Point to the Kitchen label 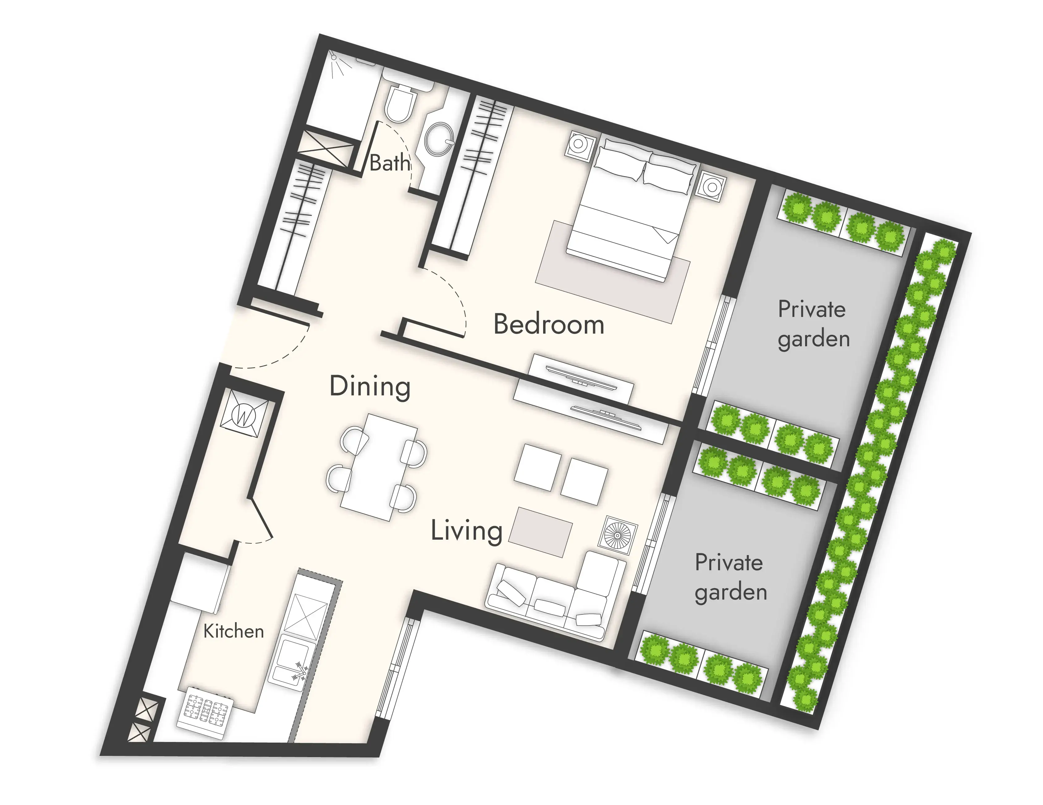(x=234, y=631)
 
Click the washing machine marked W (x=243, y=415)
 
